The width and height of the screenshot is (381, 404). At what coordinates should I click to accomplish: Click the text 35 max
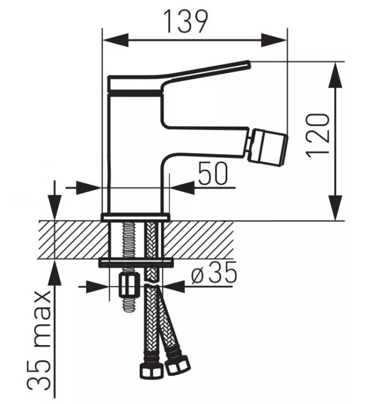39,342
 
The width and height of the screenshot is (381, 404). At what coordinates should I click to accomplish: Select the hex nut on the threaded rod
128,287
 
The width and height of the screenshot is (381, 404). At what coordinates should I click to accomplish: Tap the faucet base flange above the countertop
135,217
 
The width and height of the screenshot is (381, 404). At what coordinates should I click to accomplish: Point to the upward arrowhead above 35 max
55,273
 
